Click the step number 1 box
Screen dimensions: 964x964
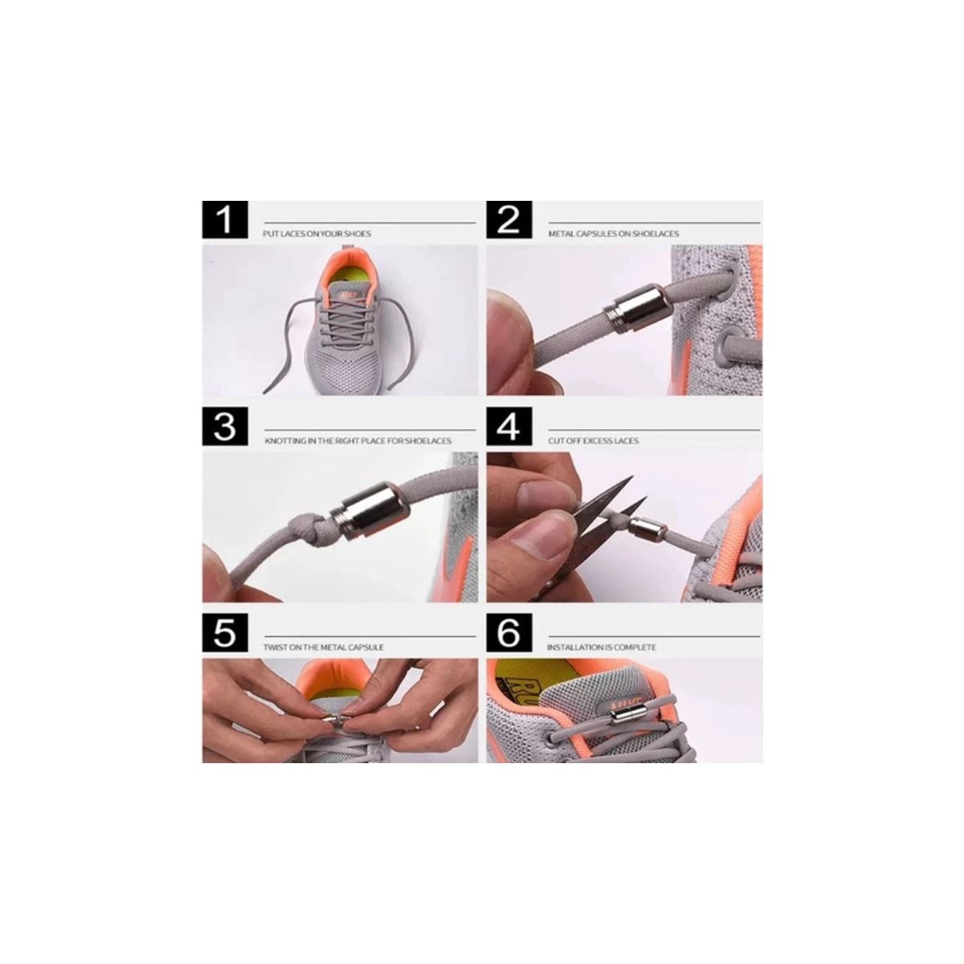coord(225,219)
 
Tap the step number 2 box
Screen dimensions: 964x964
coord(509,219)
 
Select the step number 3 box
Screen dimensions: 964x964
coord(225,427)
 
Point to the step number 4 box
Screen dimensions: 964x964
coord(509,427)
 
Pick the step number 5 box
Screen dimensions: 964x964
coord(225,633)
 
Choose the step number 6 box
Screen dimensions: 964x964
coord(509,633)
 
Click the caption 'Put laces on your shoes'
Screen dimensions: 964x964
coord(317,234)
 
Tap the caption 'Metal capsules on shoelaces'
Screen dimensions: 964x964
coord(613,234)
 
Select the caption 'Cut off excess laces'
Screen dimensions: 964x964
coord(594,441)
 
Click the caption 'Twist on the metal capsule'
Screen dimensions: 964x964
coord(324,647)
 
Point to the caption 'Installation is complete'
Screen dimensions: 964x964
coord(601,647)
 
